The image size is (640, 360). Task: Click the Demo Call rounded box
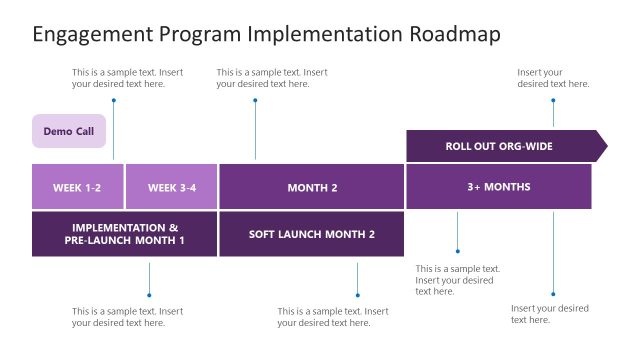pos(68,131)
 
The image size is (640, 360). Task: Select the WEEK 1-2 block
pos(77,187)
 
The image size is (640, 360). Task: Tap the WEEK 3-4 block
pos(172,187)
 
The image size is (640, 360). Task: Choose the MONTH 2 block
pos(312,187)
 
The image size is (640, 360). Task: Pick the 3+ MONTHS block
pos(498,186)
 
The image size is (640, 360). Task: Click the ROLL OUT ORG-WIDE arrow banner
pos(498,146)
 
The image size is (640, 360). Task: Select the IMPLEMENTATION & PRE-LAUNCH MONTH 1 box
pos(124,234)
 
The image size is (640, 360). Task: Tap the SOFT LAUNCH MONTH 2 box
pos(311,234)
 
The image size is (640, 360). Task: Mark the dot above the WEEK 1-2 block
pos(113,100)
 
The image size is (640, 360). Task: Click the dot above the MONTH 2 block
pos(255,100)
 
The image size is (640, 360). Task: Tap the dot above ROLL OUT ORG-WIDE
pos(553,100)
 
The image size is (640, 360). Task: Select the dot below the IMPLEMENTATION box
pos(149,294)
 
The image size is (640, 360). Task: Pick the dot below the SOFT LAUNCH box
pos(357,294)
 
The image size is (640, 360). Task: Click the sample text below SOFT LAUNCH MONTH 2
pos(333,317)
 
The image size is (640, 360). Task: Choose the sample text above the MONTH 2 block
pos(272,78)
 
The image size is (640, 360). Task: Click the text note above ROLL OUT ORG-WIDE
pos(553,78)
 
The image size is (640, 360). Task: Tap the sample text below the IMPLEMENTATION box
pos(127,317)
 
